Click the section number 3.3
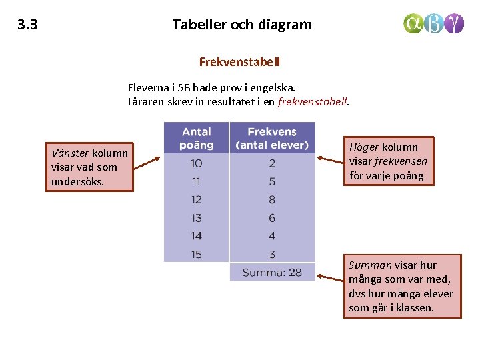(x=27, y=25)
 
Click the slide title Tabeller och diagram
(x=242, y=25)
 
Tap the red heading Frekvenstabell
(x=239, y=62)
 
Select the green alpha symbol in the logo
(x=413, y=24)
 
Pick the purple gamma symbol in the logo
(x=455, y=24)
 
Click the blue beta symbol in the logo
(x=434, y=24)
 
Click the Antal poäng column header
(x=196, y=138)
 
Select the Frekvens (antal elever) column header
(x=272, y=138)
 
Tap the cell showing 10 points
(x=196, y=163)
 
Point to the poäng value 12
(x=196, y=199)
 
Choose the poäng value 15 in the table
(x=196, y=254)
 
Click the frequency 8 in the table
(x=272, y=199)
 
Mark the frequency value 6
(x=272, y=218)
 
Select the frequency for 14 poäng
(x=272, y=236)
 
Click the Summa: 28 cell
(x=272, y=272)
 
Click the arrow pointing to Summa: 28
(x=329, y=275)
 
